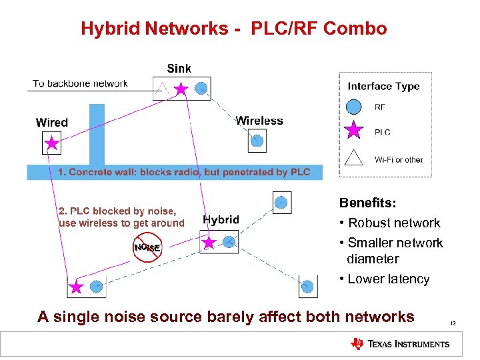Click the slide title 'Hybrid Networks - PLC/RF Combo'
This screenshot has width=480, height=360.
[x=233, y=29]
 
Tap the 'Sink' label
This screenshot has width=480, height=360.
[x=179, y=68]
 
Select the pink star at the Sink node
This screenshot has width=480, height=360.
[x=181, y=89]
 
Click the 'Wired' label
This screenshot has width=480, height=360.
[x=51, y=123]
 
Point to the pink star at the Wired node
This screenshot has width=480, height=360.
[x=51, y=143]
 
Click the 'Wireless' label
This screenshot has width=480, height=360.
[x=259, y=121]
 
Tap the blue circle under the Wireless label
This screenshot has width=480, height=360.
[x=257, y=141]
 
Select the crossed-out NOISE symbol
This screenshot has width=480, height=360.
[x=147, y=248]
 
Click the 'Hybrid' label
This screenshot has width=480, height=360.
[x=221, y=219]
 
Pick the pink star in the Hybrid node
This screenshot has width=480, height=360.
[x=209, y=243]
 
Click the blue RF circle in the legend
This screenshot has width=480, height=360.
[x=355, y=107]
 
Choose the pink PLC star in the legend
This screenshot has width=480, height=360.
[x=355, y=131]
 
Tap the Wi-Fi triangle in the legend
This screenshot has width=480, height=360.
[x=355, y=157]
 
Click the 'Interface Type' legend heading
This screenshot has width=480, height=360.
[x=383, y=86]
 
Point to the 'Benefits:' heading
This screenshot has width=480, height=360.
[x=366, y=203]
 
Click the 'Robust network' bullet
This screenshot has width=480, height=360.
[x=393, y=223]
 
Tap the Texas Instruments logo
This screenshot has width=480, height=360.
[x=400, y=344]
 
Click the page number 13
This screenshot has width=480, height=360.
[x=453, y=323]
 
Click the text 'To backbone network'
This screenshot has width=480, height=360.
[x=80, y=83]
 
